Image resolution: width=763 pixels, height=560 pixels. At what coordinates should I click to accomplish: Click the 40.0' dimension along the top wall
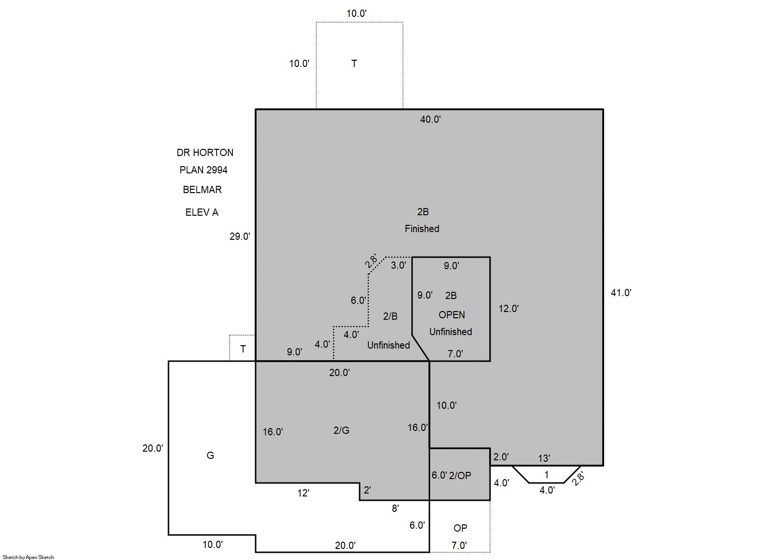click(x=430, y=119)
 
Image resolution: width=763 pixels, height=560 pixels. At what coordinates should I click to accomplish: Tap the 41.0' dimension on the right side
click(x=621, y=293)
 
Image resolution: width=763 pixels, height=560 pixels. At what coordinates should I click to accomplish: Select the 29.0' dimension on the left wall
click(x=240, y=236)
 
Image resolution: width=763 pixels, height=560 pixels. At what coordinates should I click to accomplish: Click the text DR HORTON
click(x=205, y=152)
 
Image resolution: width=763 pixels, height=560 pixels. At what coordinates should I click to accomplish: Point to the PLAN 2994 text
click(x=203, y=169)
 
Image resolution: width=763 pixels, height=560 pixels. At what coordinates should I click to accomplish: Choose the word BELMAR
click(x=202, y=189)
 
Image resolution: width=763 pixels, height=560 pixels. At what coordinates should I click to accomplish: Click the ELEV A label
click(x=202, y=212)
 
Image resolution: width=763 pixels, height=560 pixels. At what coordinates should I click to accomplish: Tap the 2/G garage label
click(x=341, y=430)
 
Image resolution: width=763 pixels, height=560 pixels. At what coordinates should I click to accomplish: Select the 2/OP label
click(x=460, y=476)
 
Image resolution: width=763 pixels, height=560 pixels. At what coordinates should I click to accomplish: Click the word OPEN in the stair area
click(x=452, y=315)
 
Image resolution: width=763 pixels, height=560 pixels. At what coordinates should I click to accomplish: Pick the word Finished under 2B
click(x=422, y=229)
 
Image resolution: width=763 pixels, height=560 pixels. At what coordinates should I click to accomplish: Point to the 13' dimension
click(x=544, y=458)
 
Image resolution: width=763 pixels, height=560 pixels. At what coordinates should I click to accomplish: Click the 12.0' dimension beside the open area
click(x=508, y=309)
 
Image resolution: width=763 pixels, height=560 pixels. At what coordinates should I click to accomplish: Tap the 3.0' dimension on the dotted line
click(x=398, y=265)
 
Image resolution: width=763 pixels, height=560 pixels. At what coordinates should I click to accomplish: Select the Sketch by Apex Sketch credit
click(x=28, y=557)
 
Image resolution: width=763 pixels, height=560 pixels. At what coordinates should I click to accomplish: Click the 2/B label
click(x=390, y=316)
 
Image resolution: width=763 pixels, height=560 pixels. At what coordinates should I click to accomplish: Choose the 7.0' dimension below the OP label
click(x=459, y=546)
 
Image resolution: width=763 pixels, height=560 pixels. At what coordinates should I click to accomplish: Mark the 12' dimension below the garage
click(x=303, y=493)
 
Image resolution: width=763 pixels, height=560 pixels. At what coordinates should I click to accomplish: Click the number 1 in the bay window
click(x=546, y=474)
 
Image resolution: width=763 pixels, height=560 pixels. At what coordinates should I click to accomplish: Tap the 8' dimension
click(x=395, y=508)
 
